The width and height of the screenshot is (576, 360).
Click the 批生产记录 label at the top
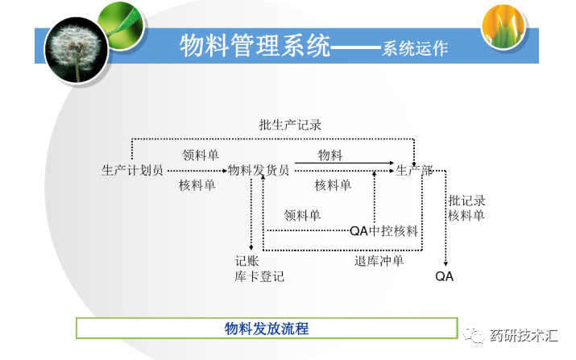click(290, 126)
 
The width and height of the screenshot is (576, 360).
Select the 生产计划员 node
click(133, 170)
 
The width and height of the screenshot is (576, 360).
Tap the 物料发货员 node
click(259, 170)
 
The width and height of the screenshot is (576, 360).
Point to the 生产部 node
click(414, 170)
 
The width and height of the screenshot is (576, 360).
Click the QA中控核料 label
click(383, 231)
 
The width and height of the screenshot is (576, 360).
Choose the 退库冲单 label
click(379, 261)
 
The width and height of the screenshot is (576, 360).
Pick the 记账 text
click(247, 261)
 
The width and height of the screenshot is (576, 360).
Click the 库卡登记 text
click(259, 276)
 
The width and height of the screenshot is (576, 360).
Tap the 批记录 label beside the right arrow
click(467, 201)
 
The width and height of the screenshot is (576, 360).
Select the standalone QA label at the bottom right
click(445, 276)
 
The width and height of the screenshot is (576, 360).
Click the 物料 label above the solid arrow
click(331, 155)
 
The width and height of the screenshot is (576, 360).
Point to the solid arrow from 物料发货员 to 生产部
click(342, 163)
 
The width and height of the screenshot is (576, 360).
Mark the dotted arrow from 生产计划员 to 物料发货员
click(195, 171)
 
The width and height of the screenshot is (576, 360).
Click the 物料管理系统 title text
click(255, 46)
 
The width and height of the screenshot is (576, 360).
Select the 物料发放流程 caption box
click(267, 329)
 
